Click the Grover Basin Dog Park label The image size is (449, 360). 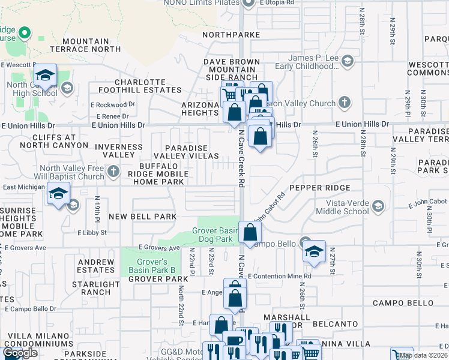215,235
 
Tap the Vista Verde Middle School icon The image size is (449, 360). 378,207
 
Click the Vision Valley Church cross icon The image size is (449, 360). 345,103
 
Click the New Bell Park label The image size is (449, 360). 142,216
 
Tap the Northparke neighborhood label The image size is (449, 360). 231,35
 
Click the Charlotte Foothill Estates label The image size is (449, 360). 148,86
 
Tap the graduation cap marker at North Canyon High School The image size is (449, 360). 45,76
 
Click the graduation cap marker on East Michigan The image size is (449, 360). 58,194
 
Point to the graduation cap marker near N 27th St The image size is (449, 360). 313,252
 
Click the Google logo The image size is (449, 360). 20,353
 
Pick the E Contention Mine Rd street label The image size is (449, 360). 279,276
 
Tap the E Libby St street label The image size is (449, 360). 92,232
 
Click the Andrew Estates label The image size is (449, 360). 96,266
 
